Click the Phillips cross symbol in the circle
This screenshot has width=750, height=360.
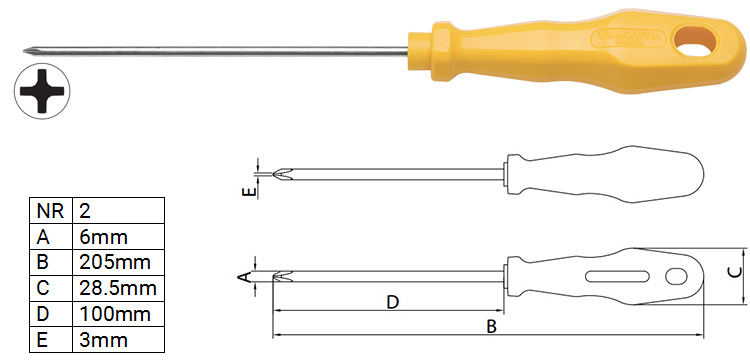point(42,91)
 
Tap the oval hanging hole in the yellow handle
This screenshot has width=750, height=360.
point(696,42)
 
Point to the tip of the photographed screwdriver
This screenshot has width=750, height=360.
point(25,50)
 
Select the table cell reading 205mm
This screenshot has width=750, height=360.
point(118,262)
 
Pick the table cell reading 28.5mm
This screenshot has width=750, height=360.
point(118,288)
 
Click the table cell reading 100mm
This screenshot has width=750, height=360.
point(118,314)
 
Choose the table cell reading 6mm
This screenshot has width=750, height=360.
point(118,237)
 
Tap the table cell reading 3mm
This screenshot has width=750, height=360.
point(118,340)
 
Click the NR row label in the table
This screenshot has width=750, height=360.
point(51,211)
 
